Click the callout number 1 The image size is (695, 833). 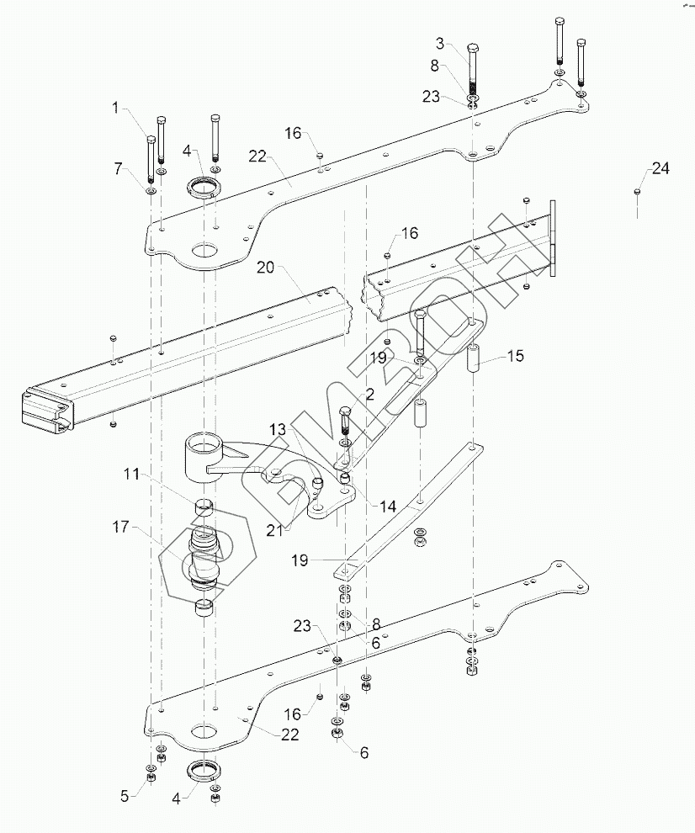point(116,108)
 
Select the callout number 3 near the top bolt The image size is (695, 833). point(441,43)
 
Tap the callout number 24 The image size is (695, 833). point(661,168)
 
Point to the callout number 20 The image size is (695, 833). point(266,267)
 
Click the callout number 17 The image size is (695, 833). point(120,527)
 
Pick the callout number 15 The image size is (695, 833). point(516,355)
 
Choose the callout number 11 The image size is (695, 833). point(132,474)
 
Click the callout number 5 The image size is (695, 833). point(125,796)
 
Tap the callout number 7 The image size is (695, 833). point(119,169)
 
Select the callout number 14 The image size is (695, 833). point(388,507)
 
